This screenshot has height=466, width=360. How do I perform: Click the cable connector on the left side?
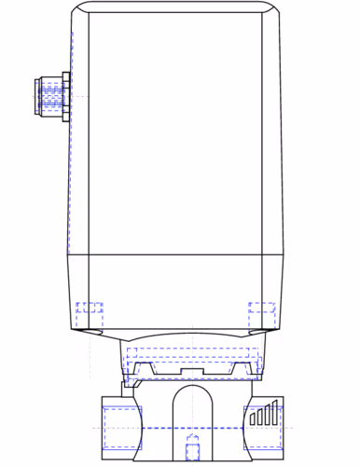pyautogui.click(x=51, y=96)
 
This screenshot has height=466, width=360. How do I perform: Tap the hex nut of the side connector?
pyautogui.click(x=64, y=96)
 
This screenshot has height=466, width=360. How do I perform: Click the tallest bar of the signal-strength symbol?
pyautogui.click(x=274, y=412)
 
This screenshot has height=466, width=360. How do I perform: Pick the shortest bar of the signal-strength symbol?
pyautogui.click(x=252, y=420)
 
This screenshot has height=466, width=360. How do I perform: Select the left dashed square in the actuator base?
pyautogui.click(x=90, y=308)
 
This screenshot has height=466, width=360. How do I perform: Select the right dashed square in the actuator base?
pyautogui.click(x=260, y=308)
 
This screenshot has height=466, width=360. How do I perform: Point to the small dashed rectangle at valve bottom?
pyautogui.click(x=193, y=449)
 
